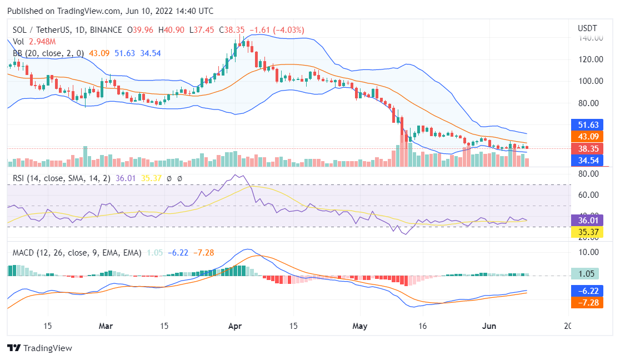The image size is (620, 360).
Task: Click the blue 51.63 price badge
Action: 587,124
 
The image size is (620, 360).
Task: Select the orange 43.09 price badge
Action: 587,136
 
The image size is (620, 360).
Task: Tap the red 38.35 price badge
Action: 587,149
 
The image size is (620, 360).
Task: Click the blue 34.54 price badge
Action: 587,160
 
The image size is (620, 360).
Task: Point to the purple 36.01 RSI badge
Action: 587,220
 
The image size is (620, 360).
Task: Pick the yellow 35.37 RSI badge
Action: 587,232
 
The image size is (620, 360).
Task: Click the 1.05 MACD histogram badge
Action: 587,273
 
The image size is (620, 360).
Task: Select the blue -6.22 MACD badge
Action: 587,291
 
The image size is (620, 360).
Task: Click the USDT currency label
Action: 587,28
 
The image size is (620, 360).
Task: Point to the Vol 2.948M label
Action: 33,42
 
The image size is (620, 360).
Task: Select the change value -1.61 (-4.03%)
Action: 277,30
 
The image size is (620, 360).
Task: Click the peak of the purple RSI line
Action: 238,175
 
